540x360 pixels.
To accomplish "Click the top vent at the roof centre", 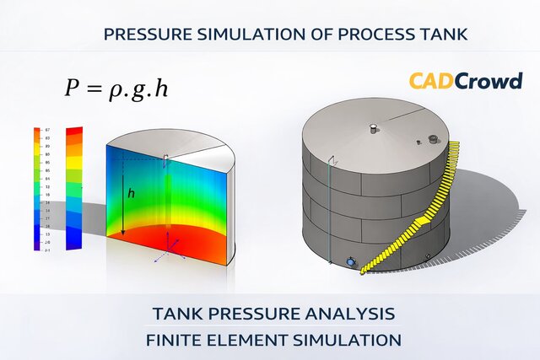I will coord(374,128).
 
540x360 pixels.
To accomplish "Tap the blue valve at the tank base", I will coord(351,262).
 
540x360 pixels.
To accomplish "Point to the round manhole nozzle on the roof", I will coord(435,139).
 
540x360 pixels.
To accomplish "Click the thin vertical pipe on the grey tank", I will coord(335,211).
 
